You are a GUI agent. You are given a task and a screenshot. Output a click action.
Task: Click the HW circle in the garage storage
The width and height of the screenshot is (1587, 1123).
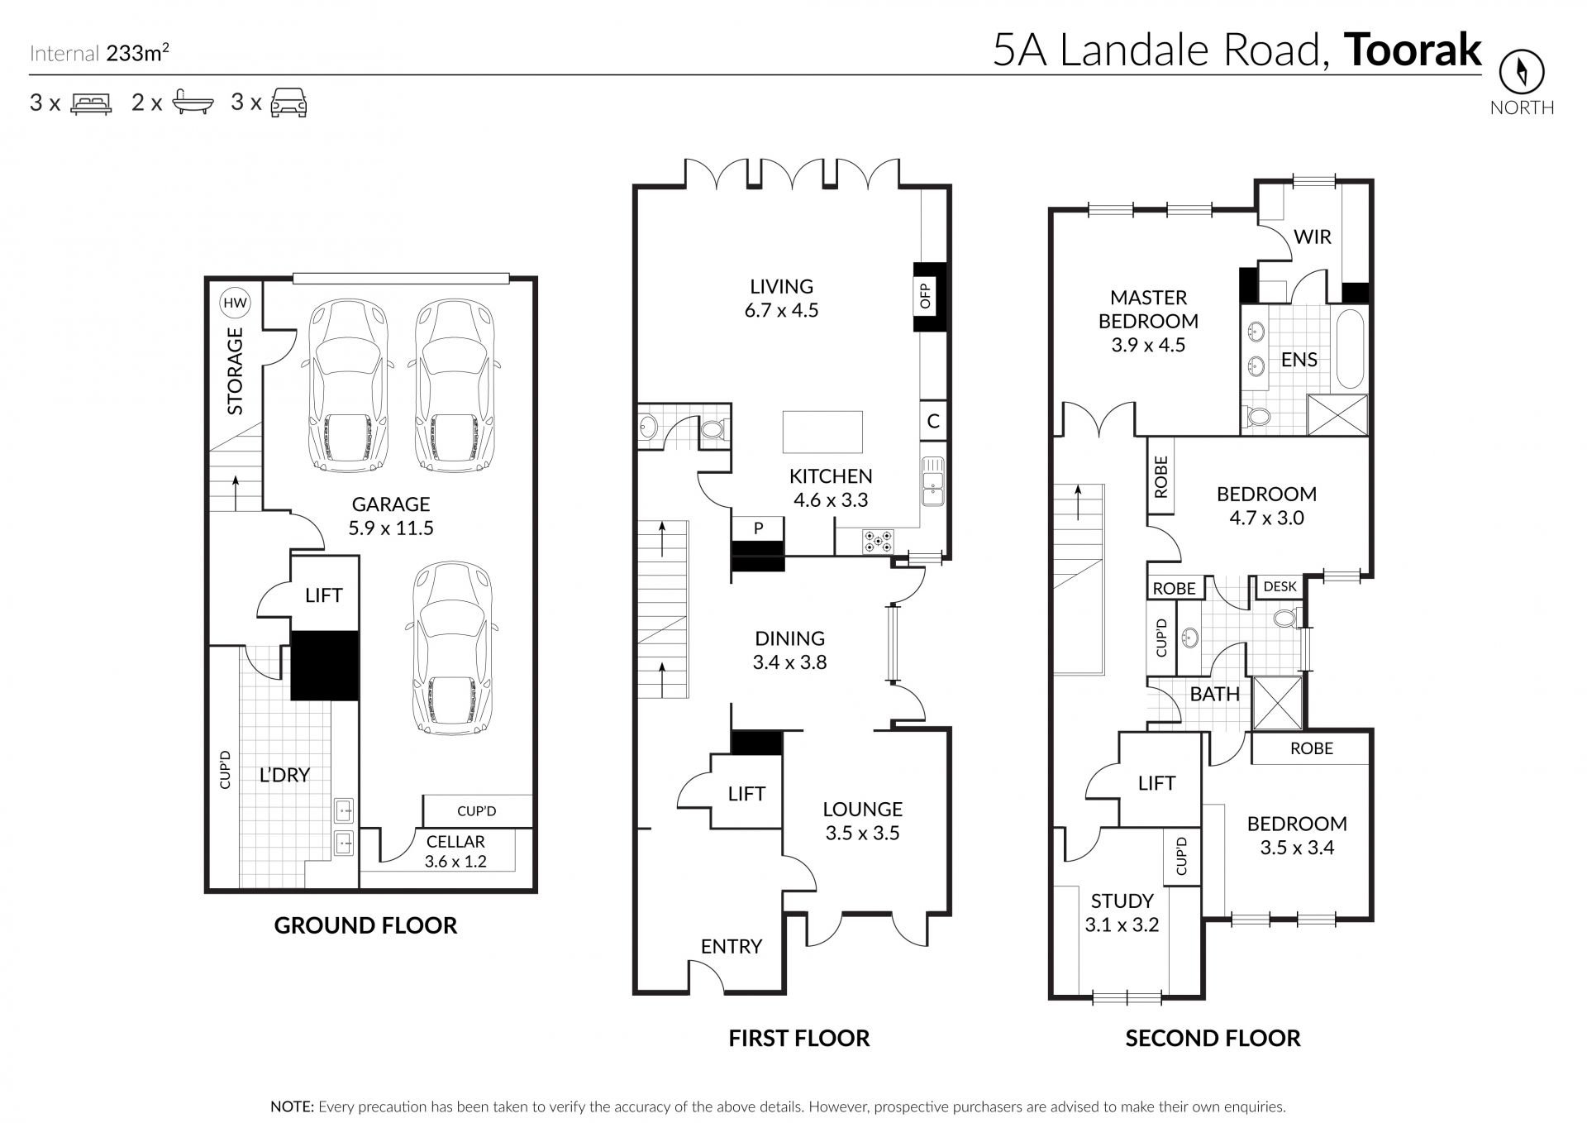coord(236,303)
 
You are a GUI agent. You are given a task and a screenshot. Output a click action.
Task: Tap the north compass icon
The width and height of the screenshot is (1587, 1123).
coord(1522,72)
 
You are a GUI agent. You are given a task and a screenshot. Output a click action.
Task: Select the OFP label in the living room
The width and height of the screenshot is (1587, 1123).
coord(925,296)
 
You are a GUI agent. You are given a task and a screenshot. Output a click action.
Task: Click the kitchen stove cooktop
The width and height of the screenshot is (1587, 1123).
coord(878,541)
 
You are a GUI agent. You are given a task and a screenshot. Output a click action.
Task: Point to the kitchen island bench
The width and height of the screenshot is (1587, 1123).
coord(822,432)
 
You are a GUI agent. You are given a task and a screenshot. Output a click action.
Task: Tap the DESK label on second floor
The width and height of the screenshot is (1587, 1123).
coord(1280,586)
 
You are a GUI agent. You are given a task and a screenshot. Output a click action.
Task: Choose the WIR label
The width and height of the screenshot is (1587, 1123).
coord(1313,237)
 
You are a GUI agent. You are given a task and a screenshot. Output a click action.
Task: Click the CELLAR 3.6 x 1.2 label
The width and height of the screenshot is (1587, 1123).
coord(455,851)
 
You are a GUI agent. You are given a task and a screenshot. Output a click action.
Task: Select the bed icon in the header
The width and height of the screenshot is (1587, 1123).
coord(91,103)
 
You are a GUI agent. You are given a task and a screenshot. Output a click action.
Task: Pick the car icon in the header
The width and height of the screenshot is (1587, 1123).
coord(289,103)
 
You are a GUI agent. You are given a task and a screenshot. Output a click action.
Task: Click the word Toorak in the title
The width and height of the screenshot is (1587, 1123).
coord(1413,50)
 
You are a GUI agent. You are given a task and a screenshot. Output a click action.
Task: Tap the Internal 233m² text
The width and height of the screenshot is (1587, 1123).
coord(100,54)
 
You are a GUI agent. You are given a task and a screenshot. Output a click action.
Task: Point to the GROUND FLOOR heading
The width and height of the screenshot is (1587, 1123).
coord(365,925)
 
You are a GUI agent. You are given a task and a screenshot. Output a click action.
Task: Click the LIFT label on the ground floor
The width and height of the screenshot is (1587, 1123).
coord(323,595)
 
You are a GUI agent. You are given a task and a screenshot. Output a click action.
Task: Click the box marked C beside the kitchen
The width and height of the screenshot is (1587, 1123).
coord(932,421)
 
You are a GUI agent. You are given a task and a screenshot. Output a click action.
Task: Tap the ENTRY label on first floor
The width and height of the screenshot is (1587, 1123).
coord(732,946)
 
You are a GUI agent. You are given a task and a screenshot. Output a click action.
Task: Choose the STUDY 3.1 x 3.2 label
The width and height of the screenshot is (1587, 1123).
coord(1122,913)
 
